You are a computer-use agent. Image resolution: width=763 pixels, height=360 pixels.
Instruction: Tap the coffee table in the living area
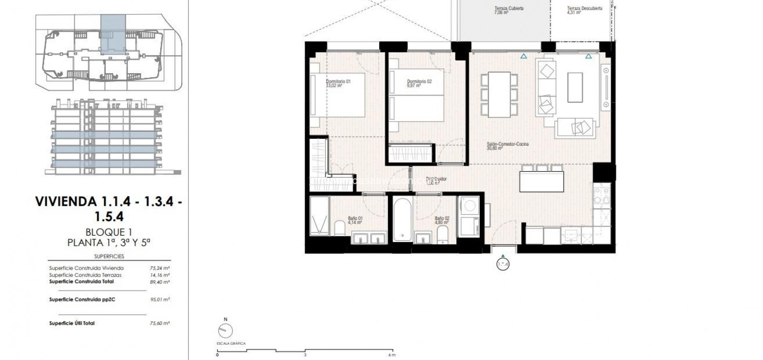point(574,87)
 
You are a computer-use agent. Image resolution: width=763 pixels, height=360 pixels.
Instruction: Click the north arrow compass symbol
point(225,331)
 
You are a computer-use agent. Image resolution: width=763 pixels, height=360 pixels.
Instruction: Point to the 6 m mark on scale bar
point(392,355)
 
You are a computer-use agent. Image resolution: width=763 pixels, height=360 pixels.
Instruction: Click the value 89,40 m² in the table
point(163,282)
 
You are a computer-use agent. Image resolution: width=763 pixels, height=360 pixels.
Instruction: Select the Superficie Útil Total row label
point(72,323)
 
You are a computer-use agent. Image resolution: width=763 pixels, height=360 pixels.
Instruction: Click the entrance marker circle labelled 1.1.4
point(504,265)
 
